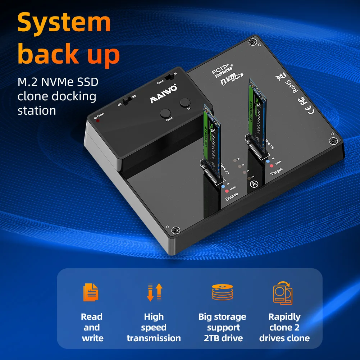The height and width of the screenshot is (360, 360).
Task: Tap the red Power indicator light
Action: pyautogui.click(x=97, y=120)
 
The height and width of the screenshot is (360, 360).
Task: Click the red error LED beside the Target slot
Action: pyautogui.click(x=271, y=166)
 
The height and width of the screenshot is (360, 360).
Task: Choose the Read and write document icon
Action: pyautogui.click(x=91, y=292)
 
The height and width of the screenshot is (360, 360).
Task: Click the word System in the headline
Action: pyautogui.click(x=64, y=22)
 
